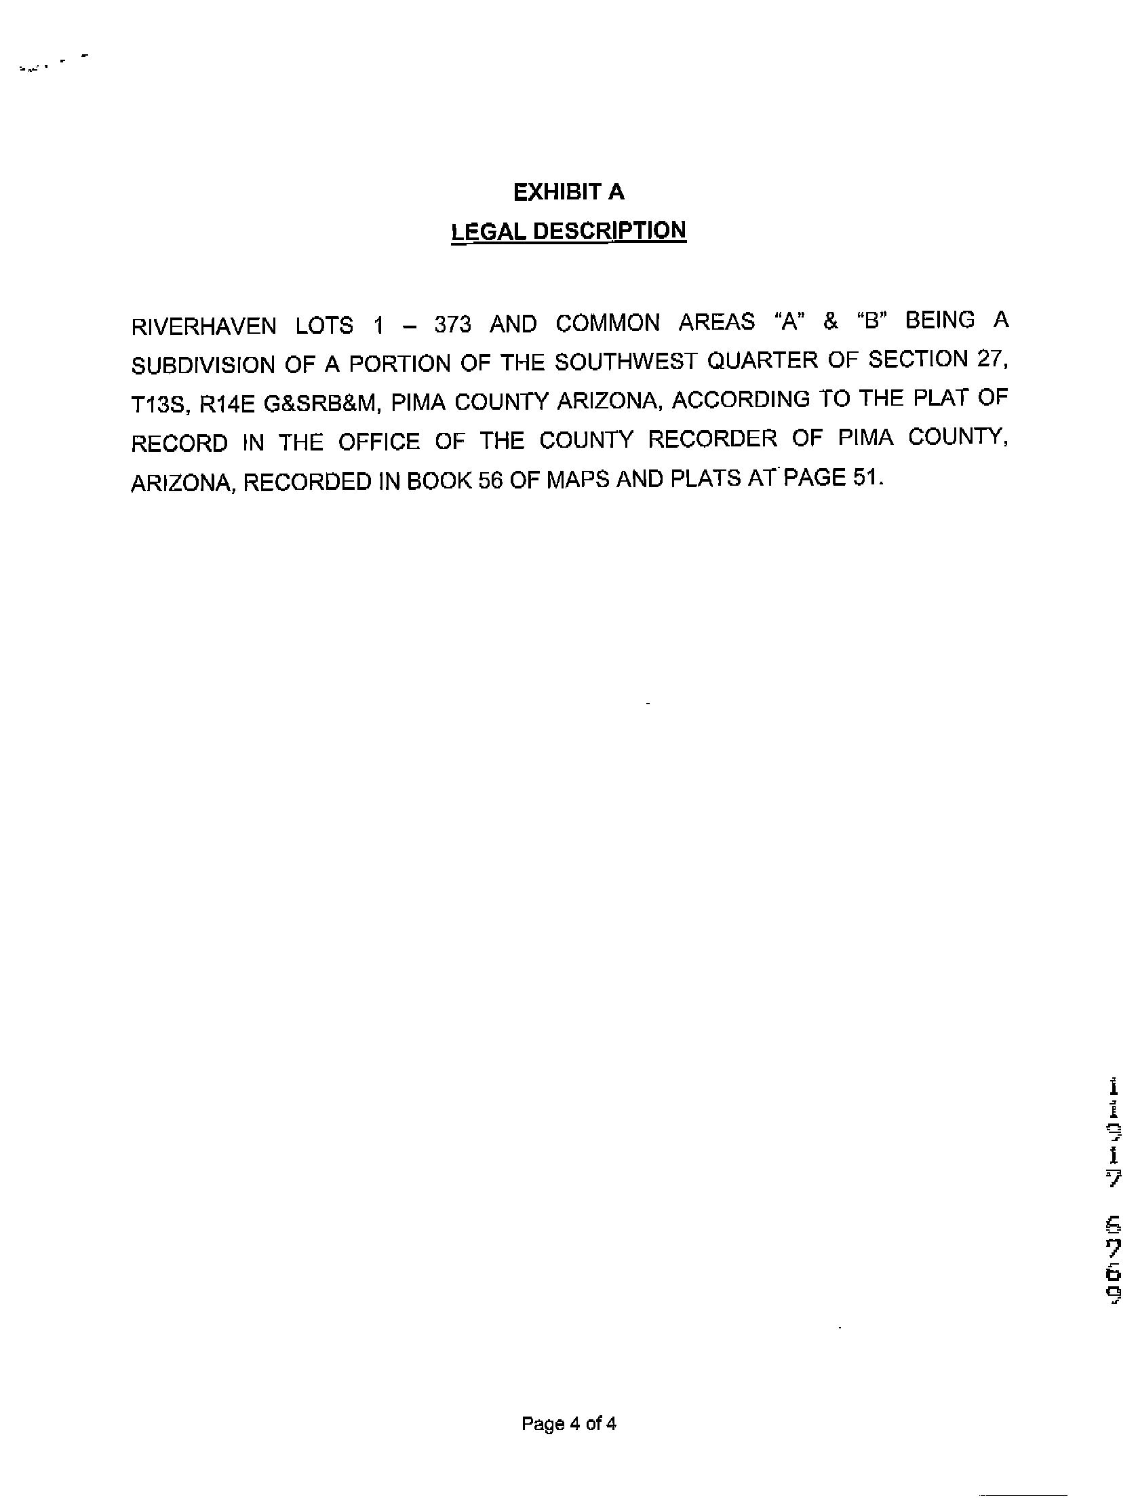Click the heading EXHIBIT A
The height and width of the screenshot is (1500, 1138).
click(568, 193)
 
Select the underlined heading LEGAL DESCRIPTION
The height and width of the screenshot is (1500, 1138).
click(568, 231)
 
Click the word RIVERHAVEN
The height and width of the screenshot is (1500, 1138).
click(203, 326)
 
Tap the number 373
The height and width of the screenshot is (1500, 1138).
click(453, 324)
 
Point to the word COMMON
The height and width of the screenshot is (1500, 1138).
click(608, 323)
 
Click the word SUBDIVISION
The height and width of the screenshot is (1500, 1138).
click(203, 365)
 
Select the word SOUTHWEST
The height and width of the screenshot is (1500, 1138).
click(625, 362)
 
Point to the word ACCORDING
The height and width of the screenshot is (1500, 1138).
click(740, 400)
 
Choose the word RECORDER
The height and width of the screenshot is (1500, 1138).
click(712, 440)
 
